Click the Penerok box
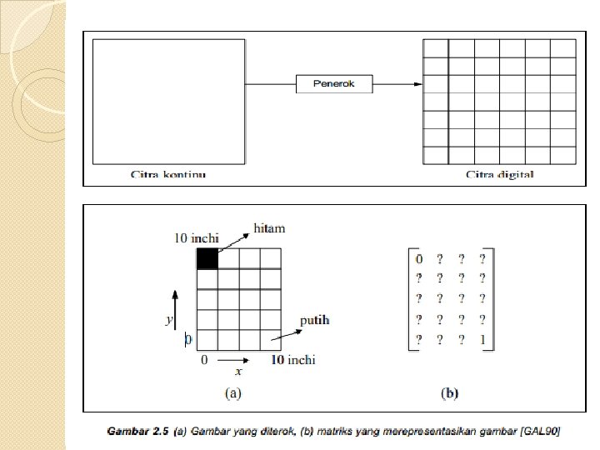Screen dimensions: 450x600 tap(334, 83)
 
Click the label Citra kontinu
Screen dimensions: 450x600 tap(167, 175)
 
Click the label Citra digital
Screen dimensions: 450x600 tap(500, 175)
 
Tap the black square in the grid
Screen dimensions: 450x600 tap(207, 258)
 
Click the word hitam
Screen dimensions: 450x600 tap(269, 227)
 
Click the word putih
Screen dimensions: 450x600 tap(314, 320)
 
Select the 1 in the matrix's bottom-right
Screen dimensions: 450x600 tap(482, 340)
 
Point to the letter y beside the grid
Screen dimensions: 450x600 tap(169, 320)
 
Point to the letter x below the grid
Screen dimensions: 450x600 tap(238, 371)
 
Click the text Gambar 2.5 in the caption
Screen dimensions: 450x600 tap(137, 431)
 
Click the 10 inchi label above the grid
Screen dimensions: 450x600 tap(195, 238)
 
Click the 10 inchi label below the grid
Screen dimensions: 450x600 tap(294, 360)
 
